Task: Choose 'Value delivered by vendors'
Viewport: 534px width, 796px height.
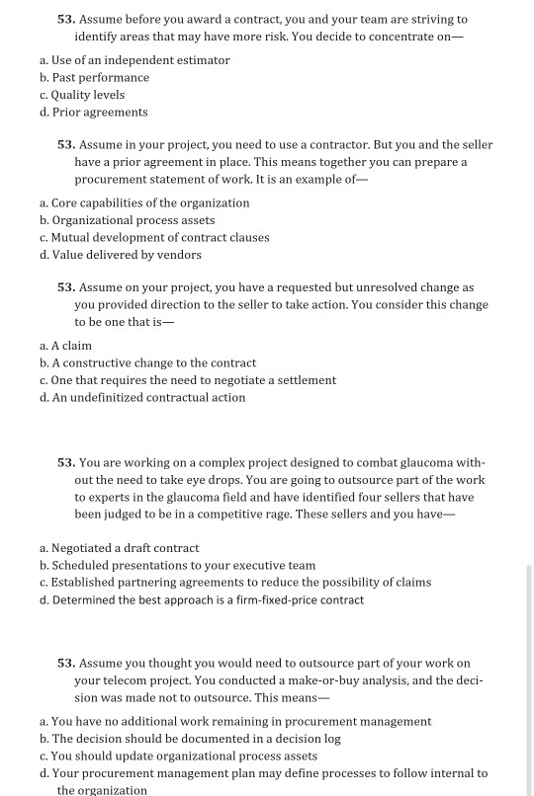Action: pos(126,255)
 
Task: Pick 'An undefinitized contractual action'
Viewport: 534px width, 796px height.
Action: pos(148,397)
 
